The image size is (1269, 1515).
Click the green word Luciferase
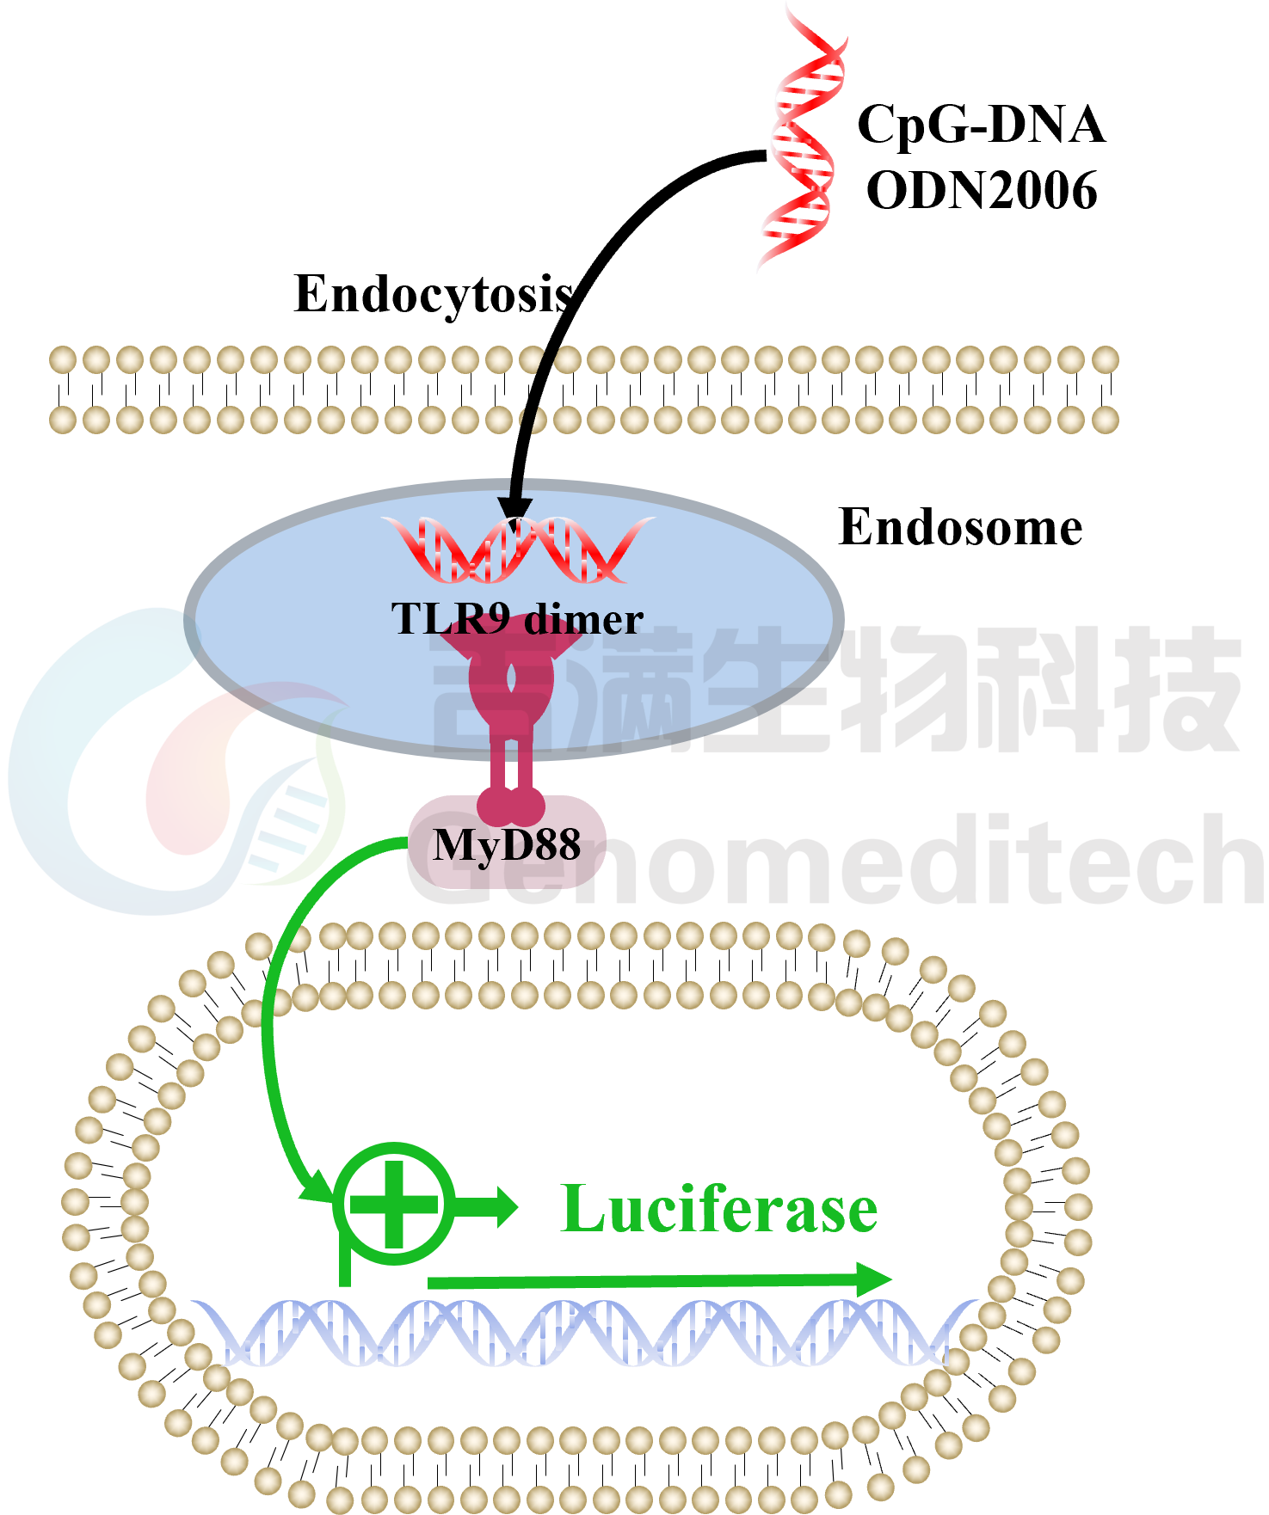point(718,1209)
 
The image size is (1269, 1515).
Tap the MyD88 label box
point(507,843)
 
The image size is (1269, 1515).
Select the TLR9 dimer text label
point(517,619)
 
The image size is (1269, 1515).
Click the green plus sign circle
point(394,1204)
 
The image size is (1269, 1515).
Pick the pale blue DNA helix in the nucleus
point(585,1333)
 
